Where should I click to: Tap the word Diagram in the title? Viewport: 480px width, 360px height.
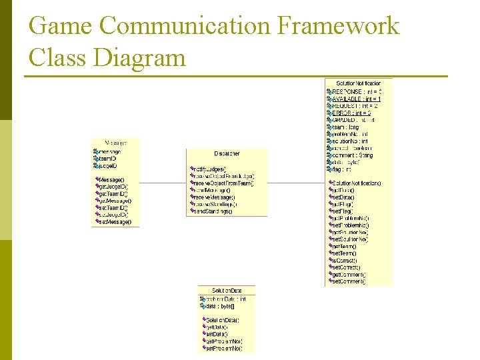(139, 57)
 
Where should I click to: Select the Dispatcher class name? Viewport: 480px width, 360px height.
(227, 154)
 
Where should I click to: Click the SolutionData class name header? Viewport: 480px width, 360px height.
(227, 291)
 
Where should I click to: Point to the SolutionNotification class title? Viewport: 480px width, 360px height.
(359, 83)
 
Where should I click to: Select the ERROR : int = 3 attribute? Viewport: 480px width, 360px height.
(351, 113)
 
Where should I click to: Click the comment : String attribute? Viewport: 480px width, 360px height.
(353, 155)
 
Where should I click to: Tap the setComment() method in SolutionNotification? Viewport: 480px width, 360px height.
(349, 281)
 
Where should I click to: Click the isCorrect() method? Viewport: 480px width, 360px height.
(345, 260)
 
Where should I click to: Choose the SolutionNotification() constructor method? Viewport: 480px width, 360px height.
(357, 183)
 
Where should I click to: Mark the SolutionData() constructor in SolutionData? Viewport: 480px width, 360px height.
(223, 321)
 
